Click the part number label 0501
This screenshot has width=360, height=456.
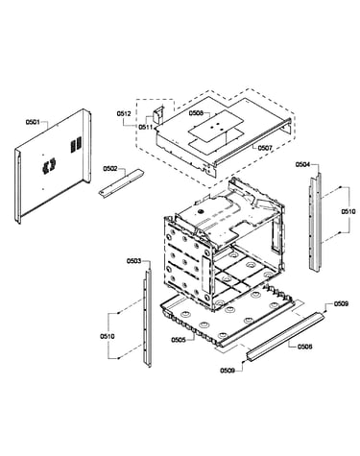(33, 122)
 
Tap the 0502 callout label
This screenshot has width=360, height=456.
(110, 168)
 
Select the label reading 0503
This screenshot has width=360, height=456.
(133, 261)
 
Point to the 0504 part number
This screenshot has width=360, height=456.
(302, 164)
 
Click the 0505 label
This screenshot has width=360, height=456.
(179, 340)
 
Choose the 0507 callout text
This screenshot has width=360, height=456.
(265, 148)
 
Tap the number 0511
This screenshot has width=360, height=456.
(146, 127)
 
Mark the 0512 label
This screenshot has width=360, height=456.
(124, 113)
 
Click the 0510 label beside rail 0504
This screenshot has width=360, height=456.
(348, 211)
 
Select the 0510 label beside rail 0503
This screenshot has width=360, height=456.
(107, 336)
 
